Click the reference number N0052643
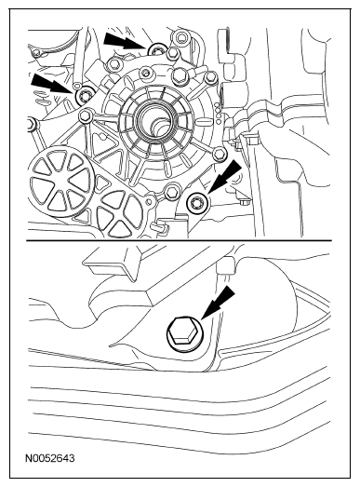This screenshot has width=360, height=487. pos(50,458)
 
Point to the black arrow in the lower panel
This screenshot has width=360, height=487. pos(218,302)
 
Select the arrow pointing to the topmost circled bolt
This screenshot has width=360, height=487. pos(125,41)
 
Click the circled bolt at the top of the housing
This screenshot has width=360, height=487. pos(157,50)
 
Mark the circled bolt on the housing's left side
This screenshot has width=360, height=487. pos(85,95)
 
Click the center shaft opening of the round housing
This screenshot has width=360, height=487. pos(154,119)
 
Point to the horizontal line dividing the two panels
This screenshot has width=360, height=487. pos(179,240)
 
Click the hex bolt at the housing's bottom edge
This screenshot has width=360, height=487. pos(171,192)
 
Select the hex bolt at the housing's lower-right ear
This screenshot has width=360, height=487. pos(220,154)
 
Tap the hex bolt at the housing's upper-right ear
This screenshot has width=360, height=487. pos(211,76)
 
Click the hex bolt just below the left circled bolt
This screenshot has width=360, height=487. pos(85,116)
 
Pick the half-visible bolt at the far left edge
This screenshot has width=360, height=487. pos(32,125)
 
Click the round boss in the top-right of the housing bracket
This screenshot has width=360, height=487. pos(180,38)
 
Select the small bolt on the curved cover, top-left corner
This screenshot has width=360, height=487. pos(37,53)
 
